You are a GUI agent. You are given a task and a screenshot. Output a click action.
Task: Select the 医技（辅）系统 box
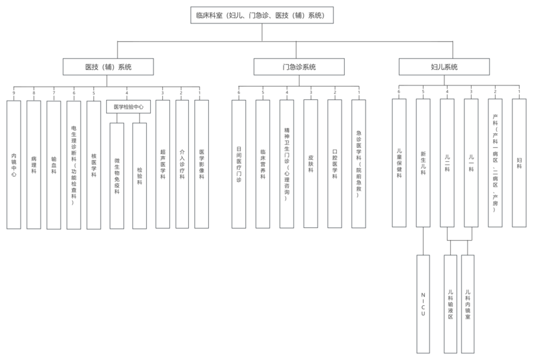coord(109,67)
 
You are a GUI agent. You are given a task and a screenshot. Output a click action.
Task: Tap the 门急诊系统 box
coord(299,67)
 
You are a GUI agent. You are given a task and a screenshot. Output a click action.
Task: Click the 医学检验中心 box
coord(129,107)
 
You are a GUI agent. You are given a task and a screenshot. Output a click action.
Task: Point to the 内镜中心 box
coord(14,164)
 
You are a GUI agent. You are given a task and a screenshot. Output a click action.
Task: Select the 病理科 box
coord(34,164)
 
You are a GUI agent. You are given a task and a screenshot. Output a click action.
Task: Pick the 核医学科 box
coord(94,164)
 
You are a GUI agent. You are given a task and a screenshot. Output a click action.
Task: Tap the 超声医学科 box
coord(163,164)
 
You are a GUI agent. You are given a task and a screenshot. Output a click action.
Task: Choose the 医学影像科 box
coord(201,164)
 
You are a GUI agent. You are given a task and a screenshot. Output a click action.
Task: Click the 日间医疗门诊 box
coord(239,164)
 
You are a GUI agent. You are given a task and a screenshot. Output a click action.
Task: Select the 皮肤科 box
coord(311,164)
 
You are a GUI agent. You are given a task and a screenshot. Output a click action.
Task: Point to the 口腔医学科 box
coord(335,164)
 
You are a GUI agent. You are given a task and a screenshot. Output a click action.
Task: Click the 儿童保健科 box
coord(399,163)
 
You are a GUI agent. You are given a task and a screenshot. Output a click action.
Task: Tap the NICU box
coord(423,304)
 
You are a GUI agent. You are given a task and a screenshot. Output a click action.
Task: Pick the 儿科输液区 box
coord(451,304)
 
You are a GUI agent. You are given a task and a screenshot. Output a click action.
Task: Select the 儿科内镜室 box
coord(468,304)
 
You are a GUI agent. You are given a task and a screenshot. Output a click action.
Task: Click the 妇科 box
coord(519,163)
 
